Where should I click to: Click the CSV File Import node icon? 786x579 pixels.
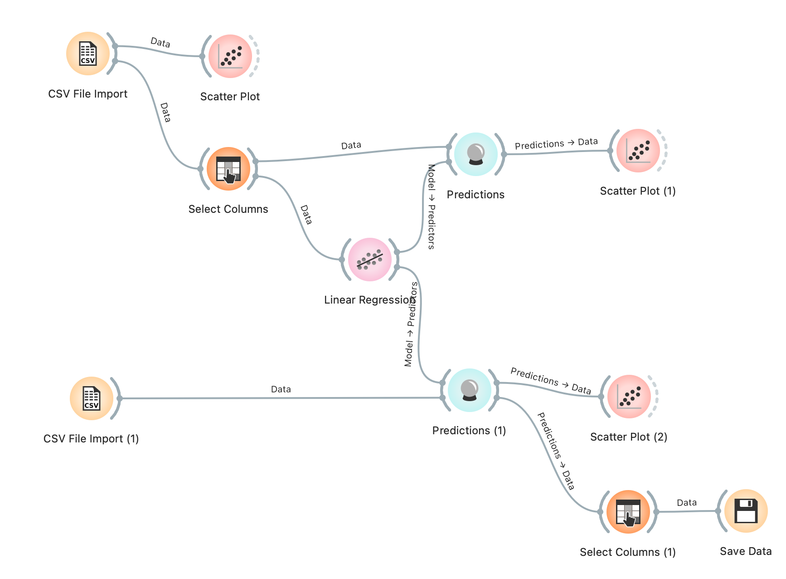pos(88,54)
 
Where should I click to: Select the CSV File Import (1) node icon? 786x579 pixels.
pos(92,398)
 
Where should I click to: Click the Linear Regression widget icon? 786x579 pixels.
pos(370,260)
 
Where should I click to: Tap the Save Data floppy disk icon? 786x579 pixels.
pos(746,511)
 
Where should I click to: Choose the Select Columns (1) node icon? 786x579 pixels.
pos(628,512)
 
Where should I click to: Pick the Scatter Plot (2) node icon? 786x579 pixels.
pos(629,397)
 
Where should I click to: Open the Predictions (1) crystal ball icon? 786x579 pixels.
pos(469,390)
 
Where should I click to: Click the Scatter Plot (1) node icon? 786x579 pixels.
pos(638,151)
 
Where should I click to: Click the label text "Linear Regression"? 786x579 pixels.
pos(369,300)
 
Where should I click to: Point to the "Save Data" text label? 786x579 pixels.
pos(746,551)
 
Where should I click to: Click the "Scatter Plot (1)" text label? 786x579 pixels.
pos(638,191)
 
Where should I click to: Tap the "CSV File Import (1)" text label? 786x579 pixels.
pos(91,439)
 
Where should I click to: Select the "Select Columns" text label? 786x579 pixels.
pos(228,209)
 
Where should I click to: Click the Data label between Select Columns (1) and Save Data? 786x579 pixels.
pos(687,502)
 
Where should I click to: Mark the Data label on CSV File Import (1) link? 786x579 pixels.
pos(281,389)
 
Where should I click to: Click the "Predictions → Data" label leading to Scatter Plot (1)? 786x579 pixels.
pos(556,143)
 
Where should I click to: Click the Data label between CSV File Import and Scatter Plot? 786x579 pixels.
pos(160,43)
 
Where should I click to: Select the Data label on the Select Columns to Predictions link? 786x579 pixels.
pos(351,145)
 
